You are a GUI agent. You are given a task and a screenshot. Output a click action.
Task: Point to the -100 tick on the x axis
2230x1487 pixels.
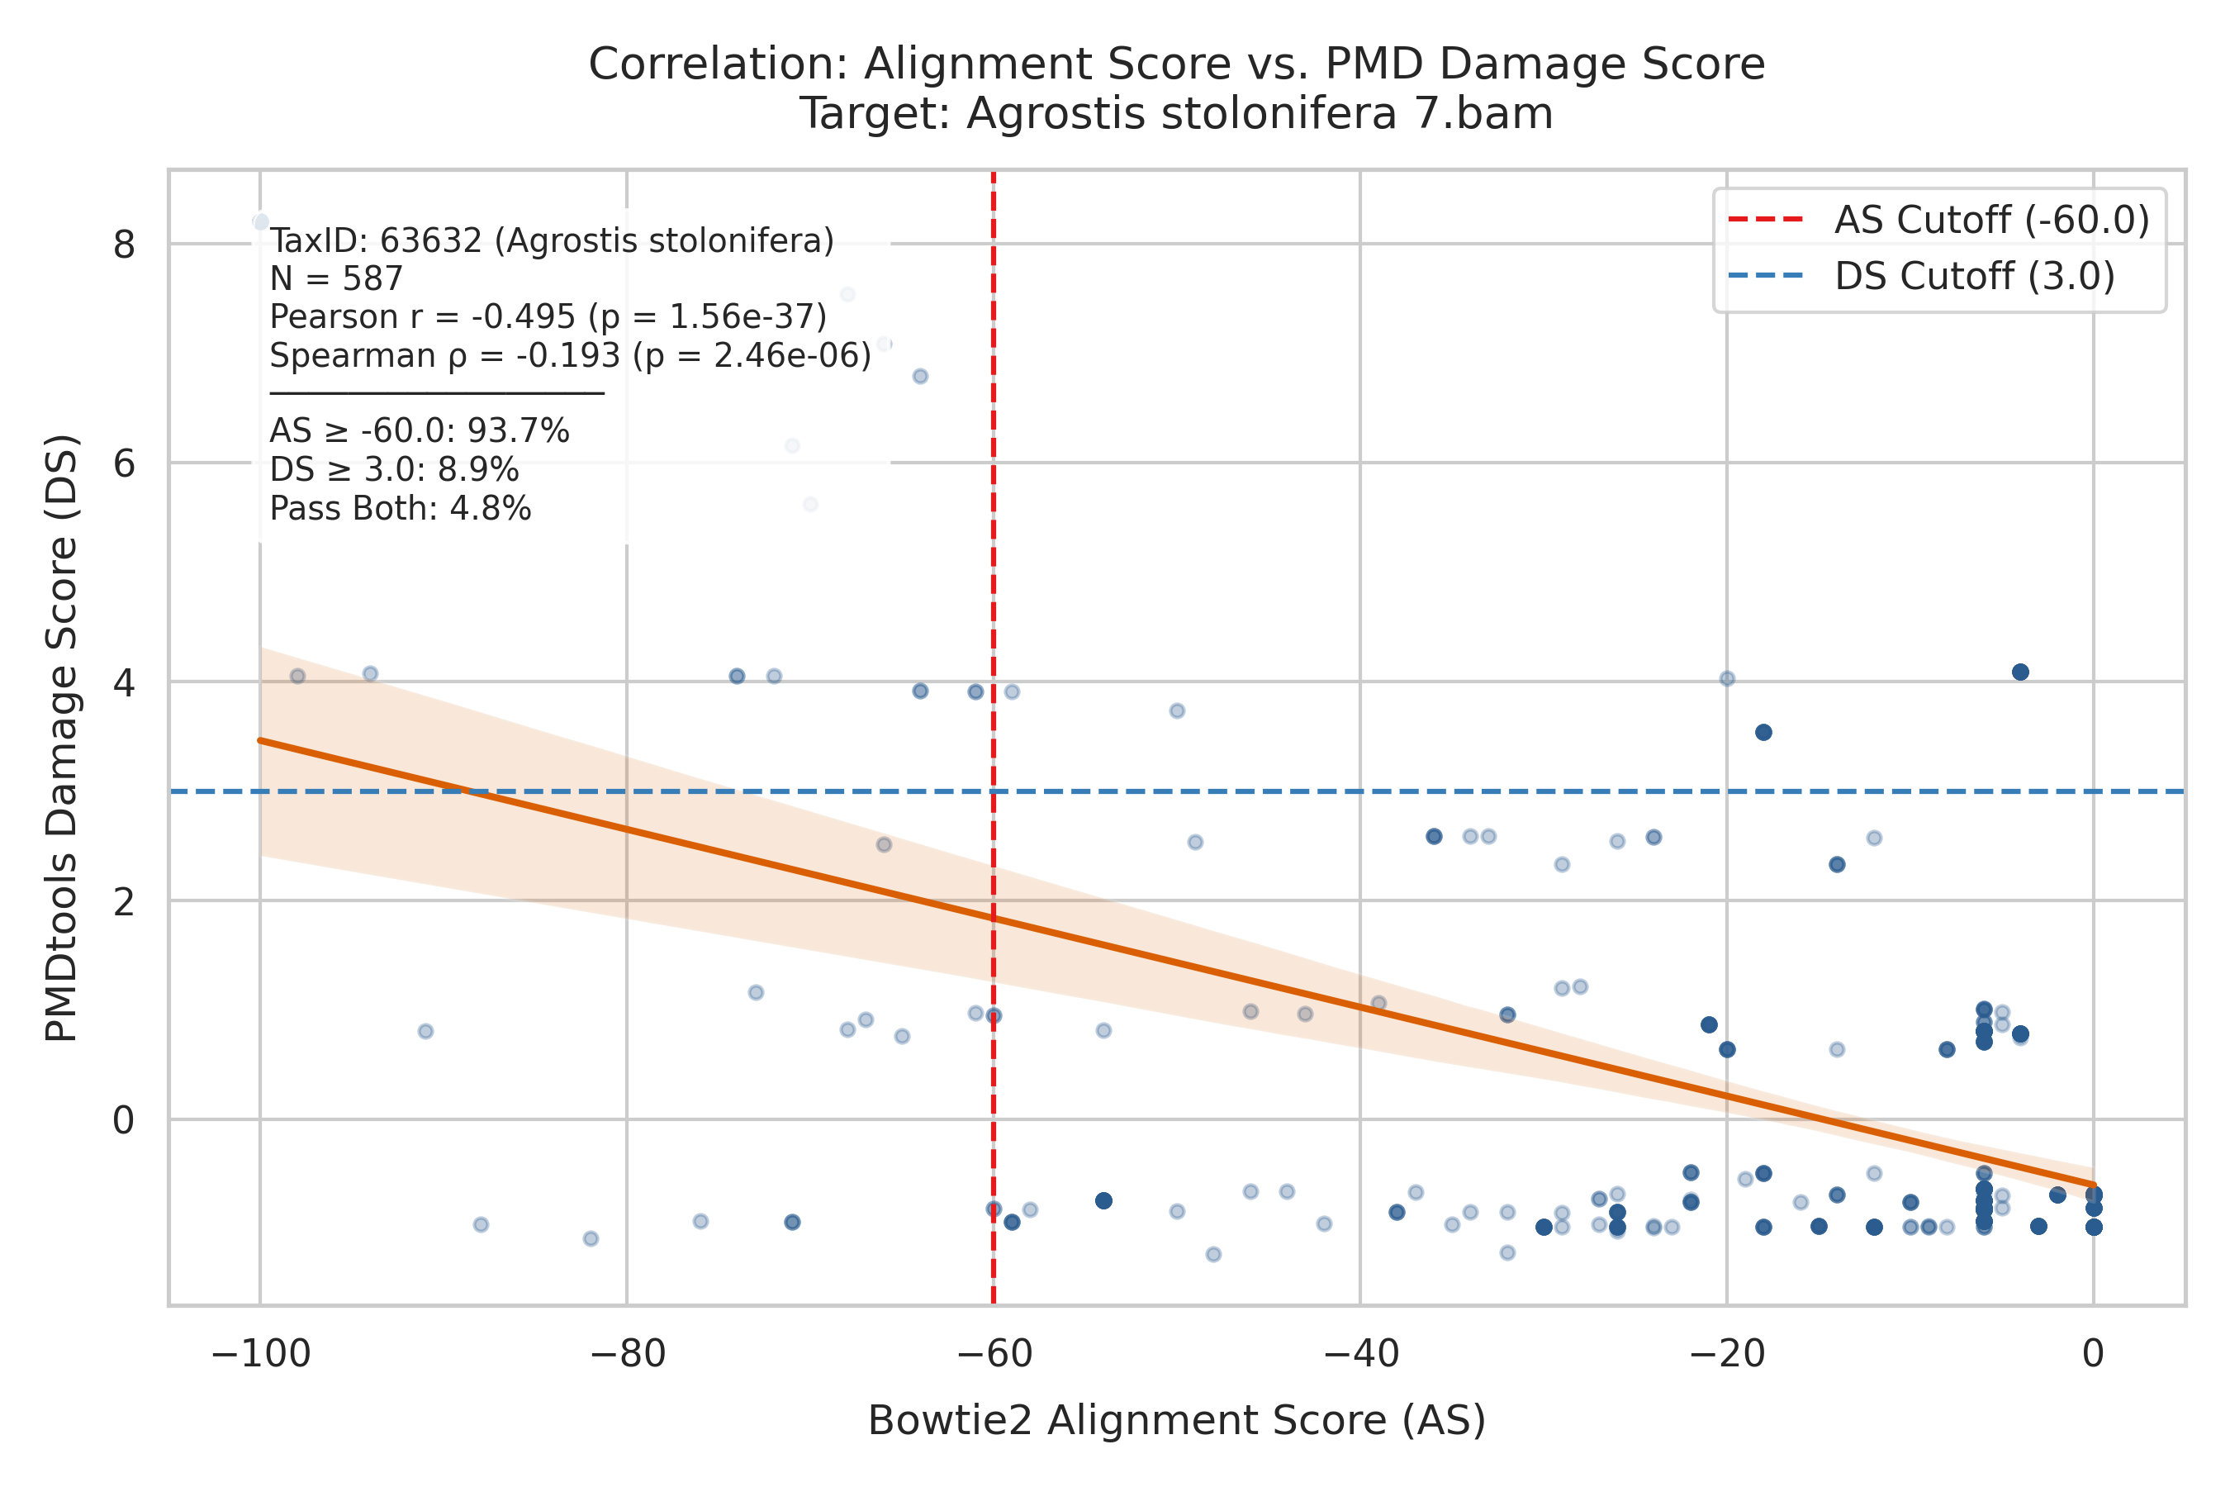click(x=261, y=1354)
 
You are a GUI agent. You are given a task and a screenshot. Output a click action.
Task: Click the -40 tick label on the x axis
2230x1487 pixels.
click(x=1360, y=1354)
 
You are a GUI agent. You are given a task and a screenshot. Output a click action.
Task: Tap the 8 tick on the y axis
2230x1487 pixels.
click(x=124, y=245)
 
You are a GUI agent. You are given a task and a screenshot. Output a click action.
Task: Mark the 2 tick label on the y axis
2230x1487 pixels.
click(x=124, y=901)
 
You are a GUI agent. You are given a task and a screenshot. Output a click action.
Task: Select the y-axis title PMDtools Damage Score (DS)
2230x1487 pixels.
click(x=63, y=739)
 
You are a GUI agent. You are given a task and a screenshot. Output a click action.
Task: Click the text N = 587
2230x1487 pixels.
click(x=337, y=279)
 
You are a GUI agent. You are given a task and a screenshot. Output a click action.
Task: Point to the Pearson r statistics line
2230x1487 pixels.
click(x=548, y=316)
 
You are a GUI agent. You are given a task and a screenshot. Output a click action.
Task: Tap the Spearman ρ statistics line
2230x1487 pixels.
click(x=570, y=355)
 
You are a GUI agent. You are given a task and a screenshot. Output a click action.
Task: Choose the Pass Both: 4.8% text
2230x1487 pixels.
click(x=400, y=508)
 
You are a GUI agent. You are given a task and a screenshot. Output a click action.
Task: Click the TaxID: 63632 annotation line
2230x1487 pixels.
click(x=552, y=241)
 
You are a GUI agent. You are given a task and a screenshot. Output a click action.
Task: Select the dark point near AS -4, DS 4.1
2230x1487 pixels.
click(x=2020, y=672)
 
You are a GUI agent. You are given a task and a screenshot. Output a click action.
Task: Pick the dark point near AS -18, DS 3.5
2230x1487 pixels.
click(x=1763, y=732)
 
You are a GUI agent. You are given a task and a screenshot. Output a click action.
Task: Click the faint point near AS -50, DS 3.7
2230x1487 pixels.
click(x=1177, y=711)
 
